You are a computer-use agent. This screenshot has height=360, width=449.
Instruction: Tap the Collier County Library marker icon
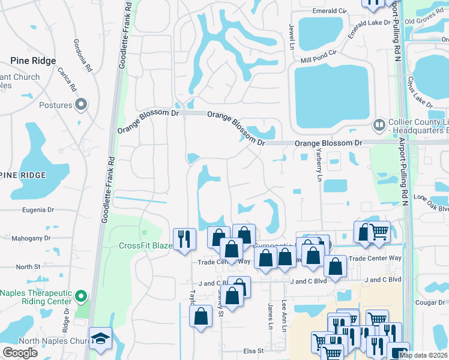pos(379,125)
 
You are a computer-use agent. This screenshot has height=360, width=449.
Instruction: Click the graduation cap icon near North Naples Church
pos(100,338)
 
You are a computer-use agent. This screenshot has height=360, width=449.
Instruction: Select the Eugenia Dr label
pos(38,211)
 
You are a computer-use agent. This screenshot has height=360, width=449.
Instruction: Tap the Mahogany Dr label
pos(34,238)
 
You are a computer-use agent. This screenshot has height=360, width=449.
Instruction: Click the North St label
pos(28,267)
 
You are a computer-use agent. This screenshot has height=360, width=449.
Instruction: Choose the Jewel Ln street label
pos(292,37)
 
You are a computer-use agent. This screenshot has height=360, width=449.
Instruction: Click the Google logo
pos(20,353)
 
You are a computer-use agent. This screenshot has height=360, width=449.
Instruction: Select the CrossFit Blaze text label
pos(145,245)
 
